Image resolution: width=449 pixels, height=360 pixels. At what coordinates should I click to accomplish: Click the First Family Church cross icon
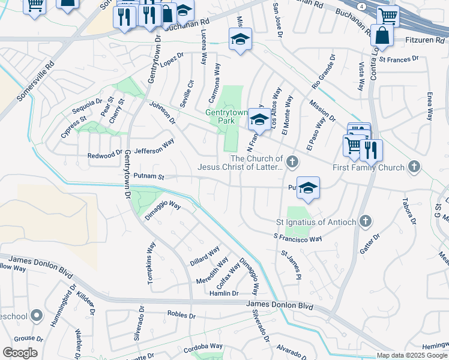(414, 167)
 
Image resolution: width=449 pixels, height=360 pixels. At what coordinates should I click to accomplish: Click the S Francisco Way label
(297, 239)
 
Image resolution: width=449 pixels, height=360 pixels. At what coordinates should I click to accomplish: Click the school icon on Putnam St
(308, 188)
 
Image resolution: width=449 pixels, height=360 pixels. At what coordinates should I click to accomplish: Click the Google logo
(20, 352)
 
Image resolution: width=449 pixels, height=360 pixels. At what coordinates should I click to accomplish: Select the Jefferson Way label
(154, 147)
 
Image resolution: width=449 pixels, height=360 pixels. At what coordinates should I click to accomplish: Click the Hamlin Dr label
(223, 293)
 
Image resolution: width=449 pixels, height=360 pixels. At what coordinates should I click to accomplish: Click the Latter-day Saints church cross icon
(292, 161)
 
